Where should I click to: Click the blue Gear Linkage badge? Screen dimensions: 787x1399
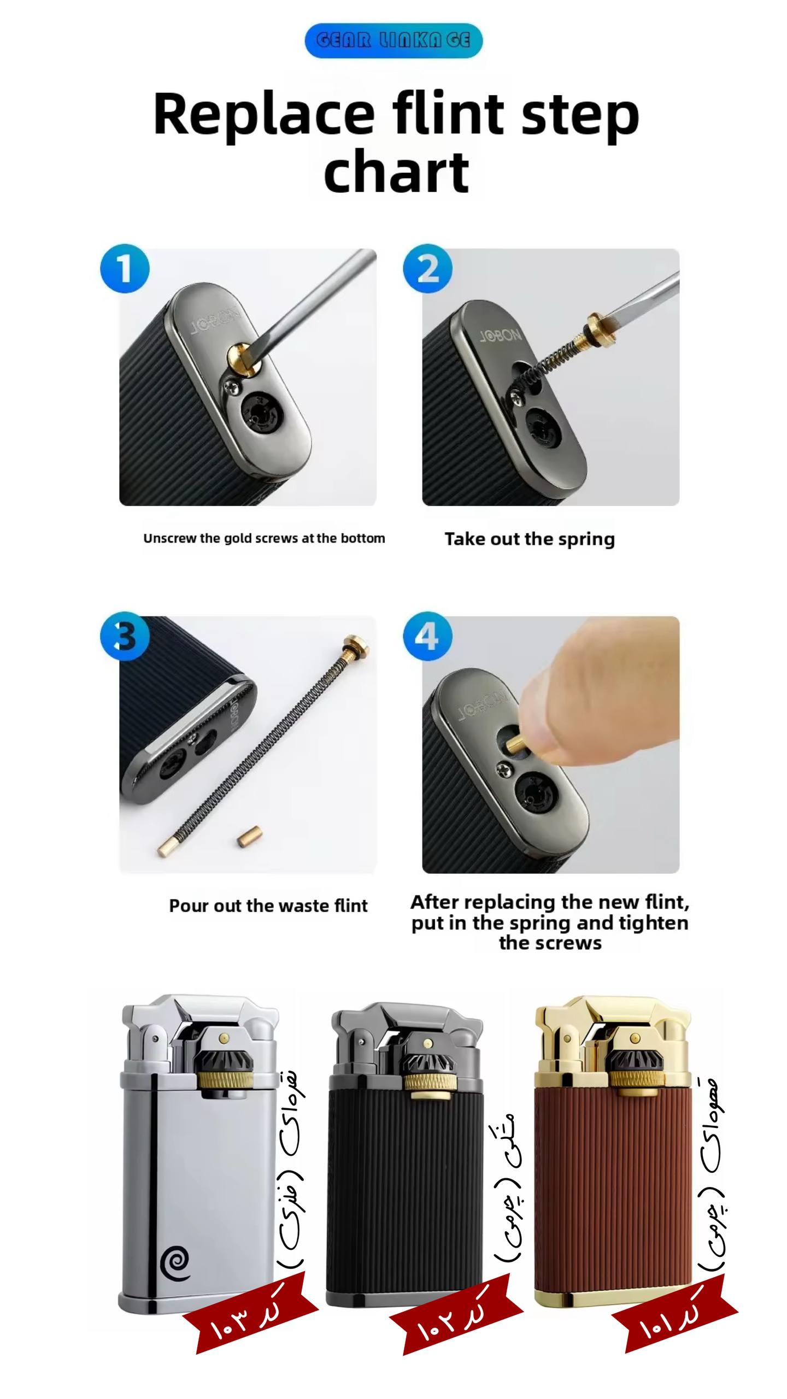pyautogui.click(x=393, y=40)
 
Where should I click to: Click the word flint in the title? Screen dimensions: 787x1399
pyautogui.click(x=448, y=114)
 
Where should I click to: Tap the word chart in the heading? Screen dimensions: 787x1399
pyautogui.click(x=396, y=171)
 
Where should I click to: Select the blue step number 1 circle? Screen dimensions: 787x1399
pyautogui.click(x=125, y=268)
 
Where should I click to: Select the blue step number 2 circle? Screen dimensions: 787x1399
pyautogui.click(x=428, y=268)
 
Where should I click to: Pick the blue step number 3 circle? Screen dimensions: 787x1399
pyautogui.click(x=125, y=636)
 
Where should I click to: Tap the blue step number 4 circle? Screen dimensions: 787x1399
pyautogui.click(x=428, y=636)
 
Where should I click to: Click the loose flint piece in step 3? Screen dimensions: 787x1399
pyautogui.click(x=250, y=836)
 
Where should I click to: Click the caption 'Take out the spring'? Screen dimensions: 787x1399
pyautogui.click(x=530, y=539)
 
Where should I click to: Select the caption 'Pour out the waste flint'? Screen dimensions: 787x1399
pyautogui.click(x=268, y=906)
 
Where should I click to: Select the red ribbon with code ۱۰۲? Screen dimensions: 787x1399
pyautogui.click(x=457, y=1314)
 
